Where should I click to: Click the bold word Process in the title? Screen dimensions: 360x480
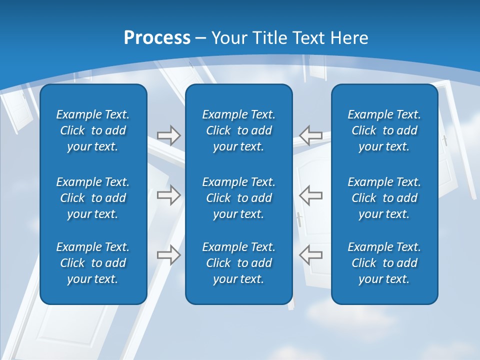[x=157, y=38]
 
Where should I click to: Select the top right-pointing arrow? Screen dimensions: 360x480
[x=168, y=135]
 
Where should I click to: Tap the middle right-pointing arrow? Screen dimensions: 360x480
[x=168, y=195]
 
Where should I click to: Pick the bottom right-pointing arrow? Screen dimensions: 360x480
[x=168, y=255]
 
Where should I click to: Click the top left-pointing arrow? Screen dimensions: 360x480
[x=310, y=135]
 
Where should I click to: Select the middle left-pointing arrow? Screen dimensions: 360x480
[x=310, y=195]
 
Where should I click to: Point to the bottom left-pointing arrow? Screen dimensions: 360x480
[x=310, y=255]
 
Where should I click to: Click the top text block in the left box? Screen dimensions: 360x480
[x=93, y=130]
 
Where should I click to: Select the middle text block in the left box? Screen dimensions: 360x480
[x=93, y=198]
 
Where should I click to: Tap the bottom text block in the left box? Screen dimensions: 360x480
[x=93, y=263]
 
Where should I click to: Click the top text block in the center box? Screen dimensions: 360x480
[x=238, y=130]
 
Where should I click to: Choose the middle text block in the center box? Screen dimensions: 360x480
[x=238, y=198]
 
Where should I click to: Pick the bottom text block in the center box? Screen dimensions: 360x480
[x=238, y=263]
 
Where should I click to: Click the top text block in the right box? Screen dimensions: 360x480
[x=384, y=130]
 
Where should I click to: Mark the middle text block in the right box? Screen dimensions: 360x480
[x=384, y=198]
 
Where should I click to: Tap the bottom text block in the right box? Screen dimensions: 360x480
[x=384, y=263]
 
